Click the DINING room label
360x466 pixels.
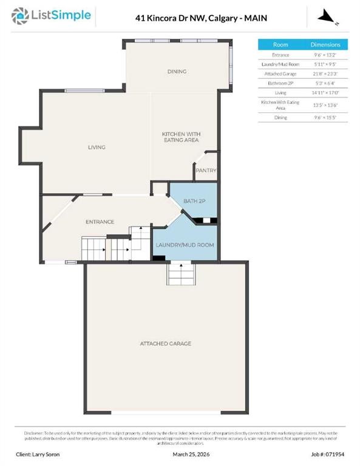point(177,72)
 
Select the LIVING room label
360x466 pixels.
point(97,147)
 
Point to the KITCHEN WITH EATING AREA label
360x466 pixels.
point(181,137)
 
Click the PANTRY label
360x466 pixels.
point(206,171)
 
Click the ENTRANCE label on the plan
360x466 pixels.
point(100,221)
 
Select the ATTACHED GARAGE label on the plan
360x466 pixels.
point(166,343)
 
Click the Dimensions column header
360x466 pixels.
point(325,45)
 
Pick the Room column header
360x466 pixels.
point(280,45)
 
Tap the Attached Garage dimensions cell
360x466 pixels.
point(325,73)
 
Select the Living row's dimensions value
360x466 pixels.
point(325,92)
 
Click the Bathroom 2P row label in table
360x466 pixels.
point(280,83)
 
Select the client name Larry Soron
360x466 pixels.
point(38,454)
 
